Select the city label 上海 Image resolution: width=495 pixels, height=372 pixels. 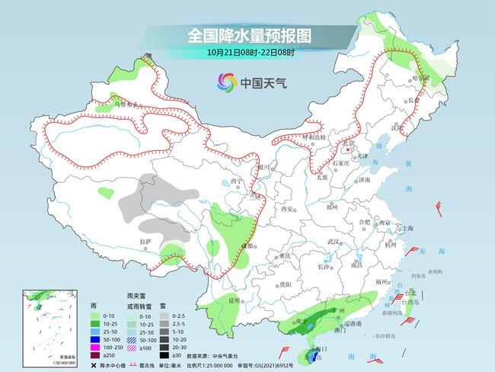(408, 228)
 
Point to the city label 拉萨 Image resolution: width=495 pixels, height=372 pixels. (145, 242)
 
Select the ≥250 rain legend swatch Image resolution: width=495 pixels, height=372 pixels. (95, 354)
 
